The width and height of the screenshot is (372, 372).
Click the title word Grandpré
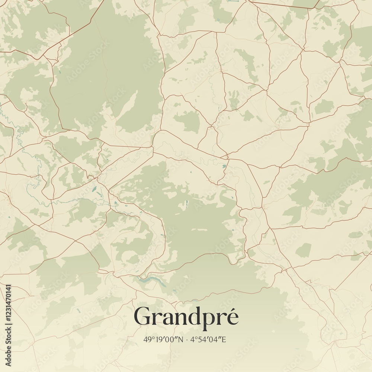tap(186, 317)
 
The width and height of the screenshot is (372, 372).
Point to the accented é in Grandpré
tap(231, 317)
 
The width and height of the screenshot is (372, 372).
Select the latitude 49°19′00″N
tap(164, 339)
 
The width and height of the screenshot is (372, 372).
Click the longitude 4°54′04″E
tap(208, 339)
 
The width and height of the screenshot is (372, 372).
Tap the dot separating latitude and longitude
tap(186, 339)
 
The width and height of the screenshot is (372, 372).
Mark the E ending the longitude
tap(224, 339)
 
